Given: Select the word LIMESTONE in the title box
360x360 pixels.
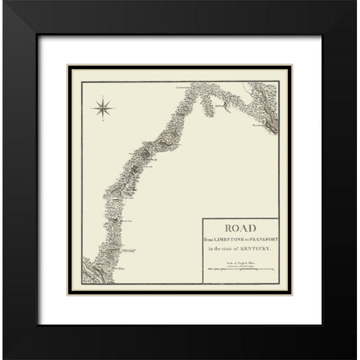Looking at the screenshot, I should pos(226,238).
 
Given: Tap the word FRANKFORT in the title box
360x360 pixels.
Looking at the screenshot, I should pos(260,238).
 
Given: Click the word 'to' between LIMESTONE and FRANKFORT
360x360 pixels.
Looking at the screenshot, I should pos(244,238).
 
